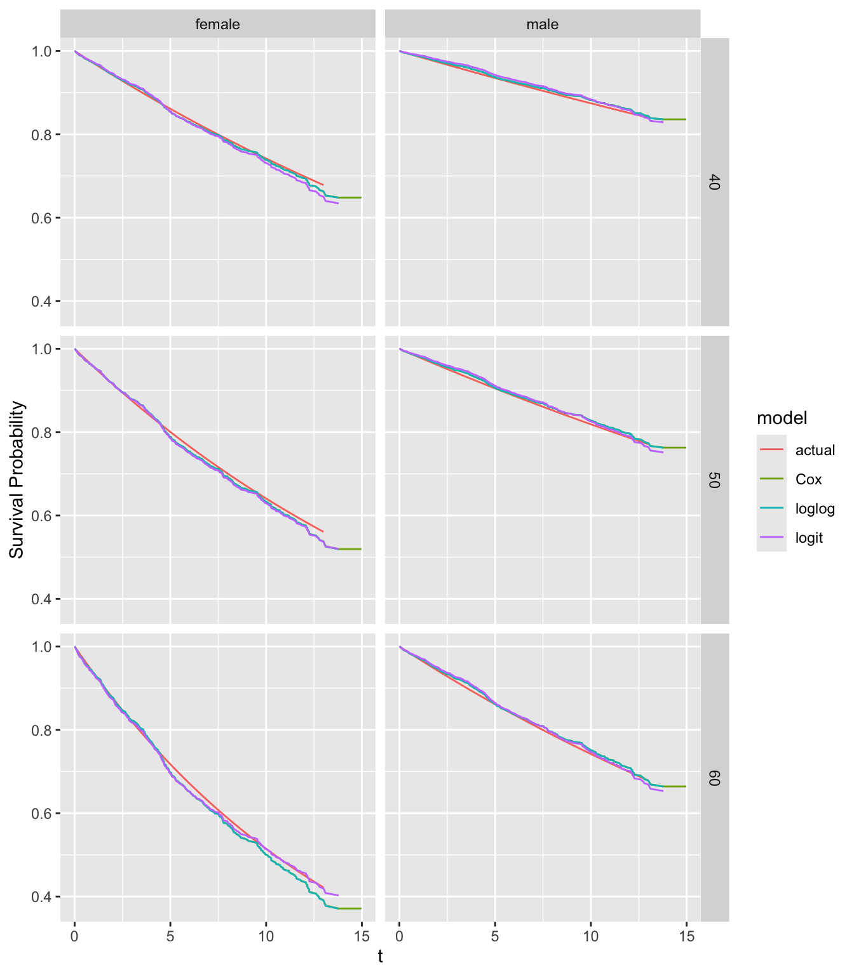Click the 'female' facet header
tap(217, 25)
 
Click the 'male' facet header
tap(542, 25)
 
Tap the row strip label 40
tap(714, 182)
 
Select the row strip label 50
tap(714, 480)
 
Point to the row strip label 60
tap(714, 778)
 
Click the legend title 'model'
tap(782, 418)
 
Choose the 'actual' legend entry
tap(815, 450)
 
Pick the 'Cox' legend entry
tap(808, 479)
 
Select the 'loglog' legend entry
tap(815, 508)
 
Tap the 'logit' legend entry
tap(808, 538)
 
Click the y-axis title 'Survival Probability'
tap(17, 480)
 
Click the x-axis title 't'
tap(380, 957)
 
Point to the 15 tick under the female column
tap(362, 936)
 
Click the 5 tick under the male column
tap(495, 936)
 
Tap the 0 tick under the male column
tap(399, 936)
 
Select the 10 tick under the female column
tap(266, 936)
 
